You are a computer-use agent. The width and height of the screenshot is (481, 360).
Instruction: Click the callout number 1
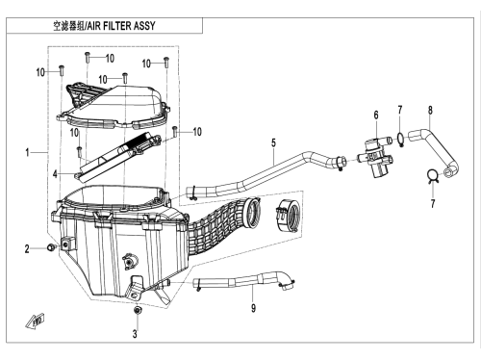28,152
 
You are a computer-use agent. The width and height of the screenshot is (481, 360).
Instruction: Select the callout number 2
27,248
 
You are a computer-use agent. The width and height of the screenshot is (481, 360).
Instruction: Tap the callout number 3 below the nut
135,334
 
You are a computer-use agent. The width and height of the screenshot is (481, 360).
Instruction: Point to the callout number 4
55,174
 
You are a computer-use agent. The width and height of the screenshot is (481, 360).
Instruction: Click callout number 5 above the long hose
273,142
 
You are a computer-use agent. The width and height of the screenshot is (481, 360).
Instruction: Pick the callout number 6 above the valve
376,115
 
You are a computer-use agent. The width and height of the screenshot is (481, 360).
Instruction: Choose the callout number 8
430,111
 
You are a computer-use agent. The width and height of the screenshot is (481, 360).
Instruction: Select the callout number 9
253,308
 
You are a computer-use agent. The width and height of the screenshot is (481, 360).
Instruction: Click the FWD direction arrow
35,321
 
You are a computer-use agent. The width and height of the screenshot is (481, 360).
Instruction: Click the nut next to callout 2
50,247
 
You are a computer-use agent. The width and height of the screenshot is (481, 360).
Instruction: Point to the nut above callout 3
138,310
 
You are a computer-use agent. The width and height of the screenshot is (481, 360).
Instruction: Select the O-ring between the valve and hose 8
400,139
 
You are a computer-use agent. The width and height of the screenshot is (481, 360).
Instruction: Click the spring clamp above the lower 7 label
433,176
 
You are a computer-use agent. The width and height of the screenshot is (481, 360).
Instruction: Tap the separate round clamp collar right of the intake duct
288,215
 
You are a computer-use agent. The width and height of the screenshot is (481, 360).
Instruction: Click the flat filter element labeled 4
117,158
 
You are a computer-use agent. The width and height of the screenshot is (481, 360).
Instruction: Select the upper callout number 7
399,110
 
